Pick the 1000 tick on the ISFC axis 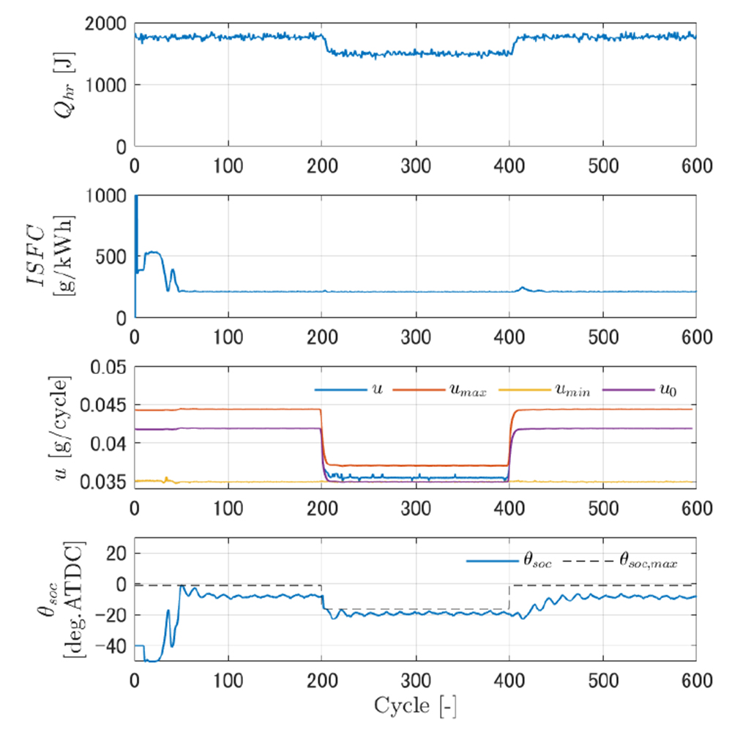105,196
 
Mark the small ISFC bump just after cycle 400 522,288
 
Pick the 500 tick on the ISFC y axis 111,257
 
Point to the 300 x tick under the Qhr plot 416,165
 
